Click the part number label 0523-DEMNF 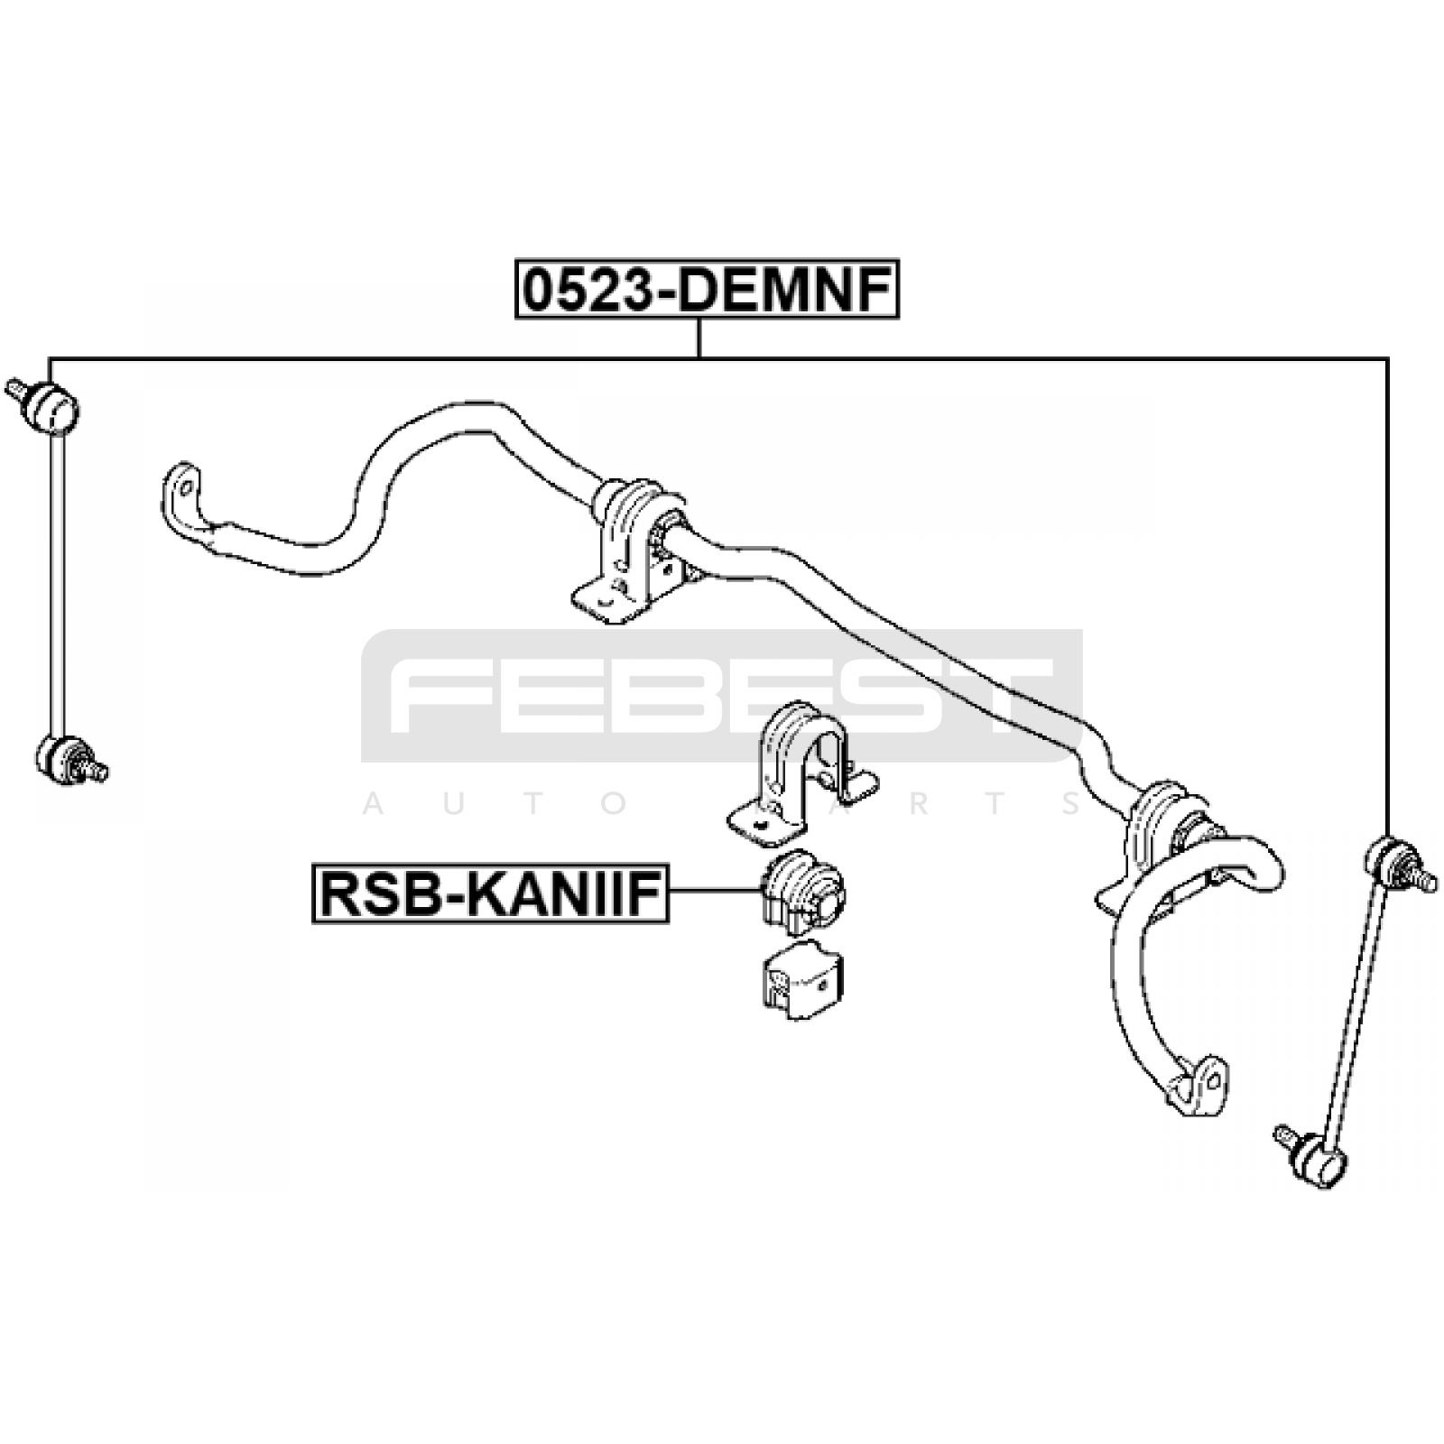point(708,290)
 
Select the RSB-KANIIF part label point(490,893)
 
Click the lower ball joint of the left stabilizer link point(69,760)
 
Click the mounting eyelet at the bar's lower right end point(1200,1083)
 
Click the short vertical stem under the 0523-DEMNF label point(699,338)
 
